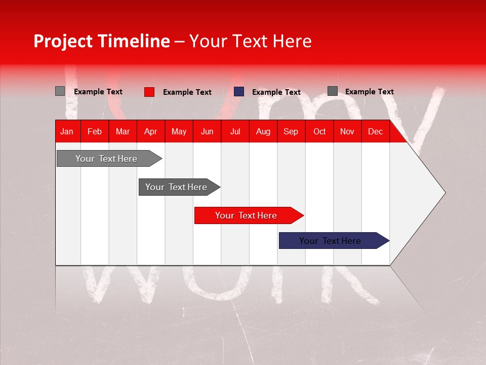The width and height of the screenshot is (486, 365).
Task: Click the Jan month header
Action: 67,132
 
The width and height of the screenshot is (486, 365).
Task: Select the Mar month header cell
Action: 123,132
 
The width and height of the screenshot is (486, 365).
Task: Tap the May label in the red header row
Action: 179,132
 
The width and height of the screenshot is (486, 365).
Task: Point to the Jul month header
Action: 235,132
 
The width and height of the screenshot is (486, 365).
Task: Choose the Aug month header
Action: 263,132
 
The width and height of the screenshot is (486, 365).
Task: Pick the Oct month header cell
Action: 319,132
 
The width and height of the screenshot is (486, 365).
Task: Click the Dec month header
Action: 375,132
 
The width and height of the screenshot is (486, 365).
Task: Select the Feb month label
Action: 95,132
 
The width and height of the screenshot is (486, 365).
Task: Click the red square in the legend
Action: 149,92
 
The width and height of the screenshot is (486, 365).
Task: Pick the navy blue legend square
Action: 239,92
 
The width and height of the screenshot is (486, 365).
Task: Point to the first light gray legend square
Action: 60,91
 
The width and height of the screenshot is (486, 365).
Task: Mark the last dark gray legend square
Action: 332,91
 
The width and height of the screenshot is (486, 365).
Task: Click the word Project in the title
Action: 62,41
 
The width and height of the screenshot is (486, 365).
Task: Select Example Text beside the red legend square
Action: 187,92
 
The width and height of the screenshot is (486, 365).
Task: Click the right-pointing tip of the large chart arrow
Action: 443,193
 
